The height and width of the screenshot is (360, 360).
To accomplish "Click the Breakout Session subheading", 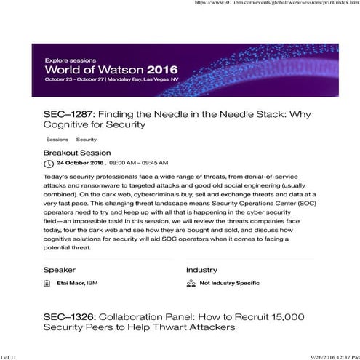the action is coord(77,153).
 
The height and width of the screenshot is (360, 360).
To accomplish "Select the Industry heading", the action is coord(201,270).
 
